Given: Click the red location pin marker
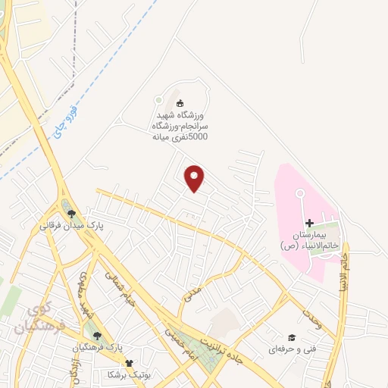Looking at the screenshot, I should click(x=195, y=178).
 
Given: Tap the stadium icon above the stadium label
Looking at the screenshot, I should click(x=180, y=104).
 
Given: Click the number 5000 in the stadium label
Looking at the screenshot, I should click(x=199, y=137).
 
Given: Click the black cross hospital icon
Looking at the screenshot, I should click(x=309, y=223).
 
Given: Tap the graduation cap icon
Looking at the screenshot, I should click(x=292, y=337).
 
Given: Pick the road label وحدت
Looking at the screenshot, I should click(x=312, y=316).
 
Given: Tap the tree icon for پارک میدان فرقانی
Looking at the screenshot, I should click(x=72, y=214).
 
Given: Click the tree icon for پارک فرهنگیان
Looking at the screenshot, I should click(x=95, y=335).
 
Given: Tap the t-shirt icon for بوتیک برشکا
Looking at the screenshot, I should click(x=129, y=363).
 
